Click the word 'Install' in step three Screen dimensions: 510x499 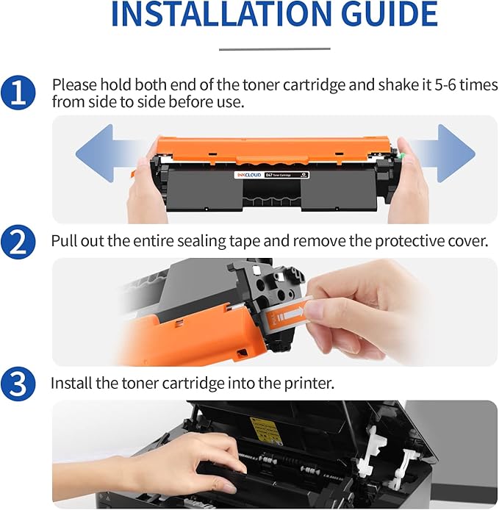72,383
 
